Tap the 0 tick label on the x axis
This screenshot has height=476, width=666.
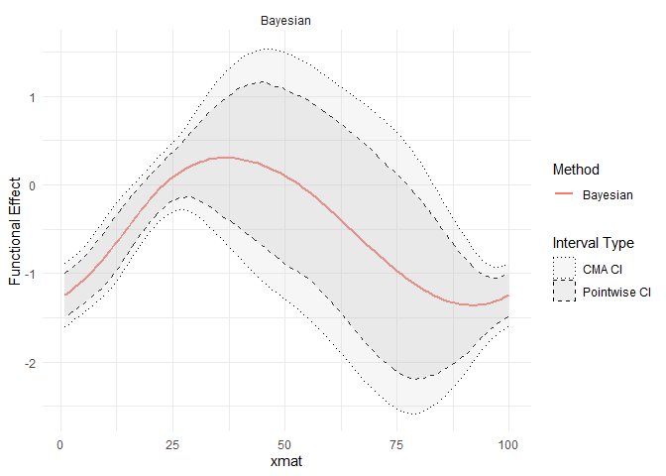pyautogui.click(x=60, y=442)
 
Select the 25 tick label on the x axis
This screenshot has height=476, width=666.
pyautogui.click(x=172, y=442)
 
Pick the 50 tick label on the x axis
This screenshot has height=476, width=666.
pyautogui.click(x=284, y=442)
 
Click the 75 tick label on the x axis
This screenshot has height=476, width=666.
pyautogui.click(x=396, y=442)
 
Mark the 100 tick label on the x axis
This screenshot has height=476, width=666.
pyautogui.click(x=508, y=442)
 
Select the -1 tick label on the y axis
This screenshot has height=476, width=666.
pyautogui.click(x=30, y=274)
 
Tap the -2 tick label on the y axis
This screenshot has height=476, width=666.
pyautogui.click(x=30, y=363)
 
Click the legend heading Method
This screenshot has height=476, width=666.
pyautogui.click(x=578, y=170)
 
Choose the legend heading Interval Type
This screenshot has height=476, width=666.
pyautogui.click(x=593, y=243)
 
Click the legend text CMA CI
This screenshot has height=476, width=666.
pyautogui.click(x=604, y=268)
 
